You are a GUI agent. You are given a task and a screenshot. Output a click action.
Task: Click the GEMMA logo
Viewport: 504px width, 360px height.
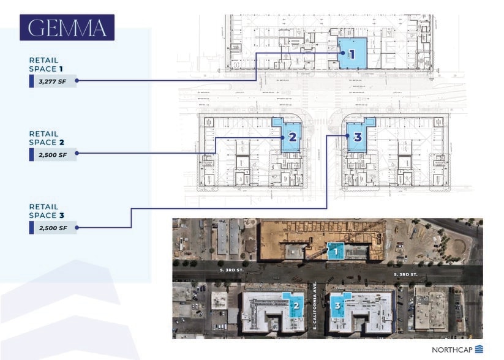tap(67, 28)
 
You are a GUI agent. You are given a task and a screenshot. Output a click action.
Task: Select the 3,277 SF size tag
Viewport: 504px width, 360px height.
tap(53, 80)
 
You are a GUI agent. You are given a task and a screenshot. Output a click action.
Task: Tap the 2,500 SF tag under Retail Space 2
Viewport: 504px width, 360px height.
tap(53, 154)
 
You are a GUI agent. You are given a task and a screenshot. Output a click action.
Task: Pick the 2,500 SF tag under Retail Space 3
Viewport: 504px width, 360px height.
tap(53, 228)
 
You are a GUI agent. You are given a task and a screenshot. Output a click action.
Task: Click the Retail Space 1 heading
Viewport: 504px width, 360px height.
tap(44, 64)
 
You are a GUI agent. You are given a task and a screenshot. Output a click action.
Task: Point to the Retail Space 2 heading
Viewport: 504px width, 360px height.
tap(44, 138)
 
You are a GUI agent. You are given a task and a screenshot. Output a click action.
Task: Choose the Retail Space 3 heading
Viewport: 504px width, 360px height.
tap(44, 211)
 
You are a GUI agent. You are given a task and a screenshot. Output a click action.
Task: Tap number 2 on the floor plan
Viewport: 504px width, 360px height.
tap(292, 137)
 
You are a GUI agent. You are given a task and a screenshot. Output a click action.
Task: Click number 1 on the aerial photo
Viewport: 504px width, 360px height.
tap(336, 250)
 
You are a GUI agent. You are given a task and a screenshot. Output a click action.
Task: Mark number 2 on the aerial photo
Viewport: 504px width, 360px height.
tap(296, 305)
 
